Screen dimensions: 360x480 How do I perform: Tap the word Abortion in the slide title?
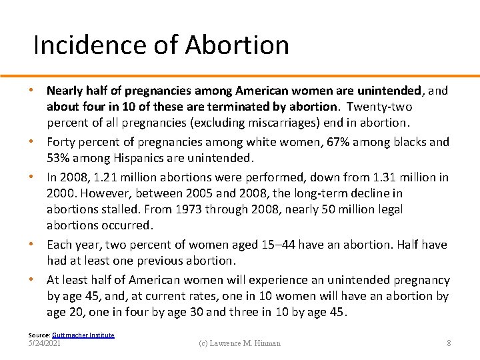point(237,45)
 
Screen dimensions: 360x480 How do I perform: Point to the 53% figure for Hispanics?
point(61,158)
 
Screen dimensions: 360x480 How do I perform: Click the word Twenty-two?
point(379,107)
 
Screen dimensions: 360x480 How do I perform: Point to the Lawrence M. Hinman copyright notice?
point(239,343)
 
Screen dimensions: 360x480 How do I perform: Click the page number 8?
point(449,343)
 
